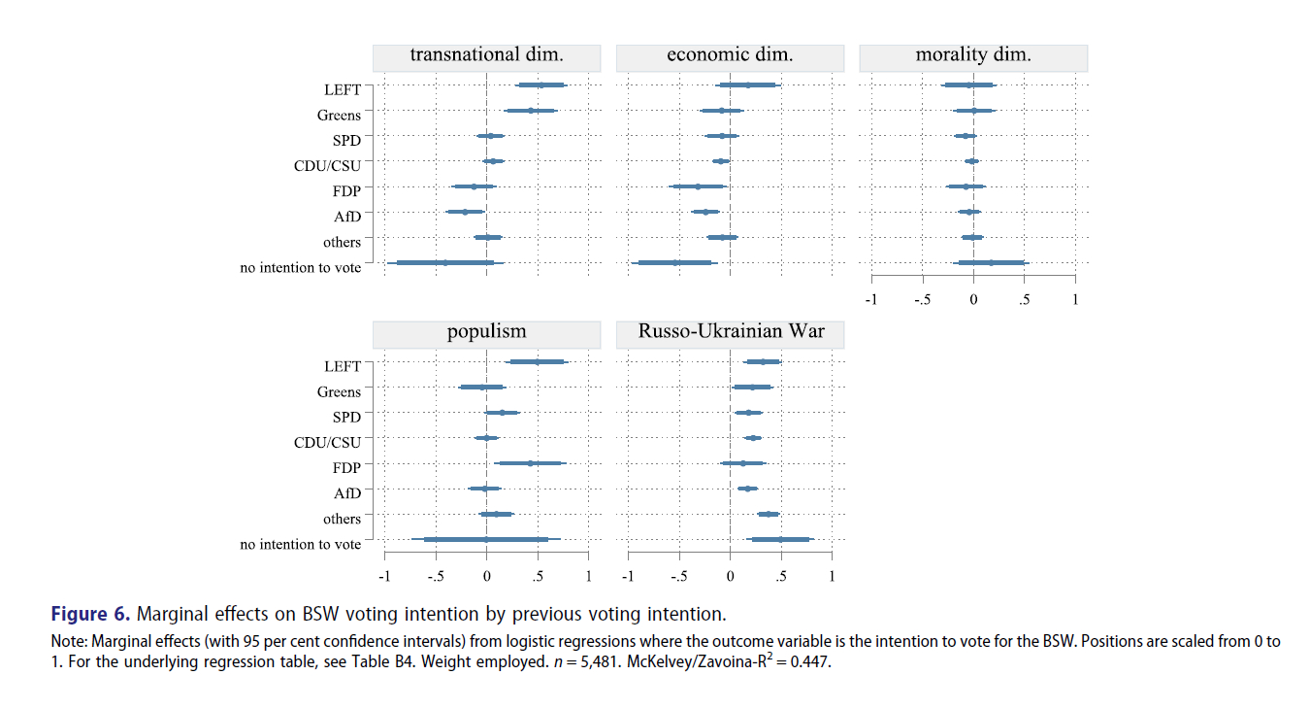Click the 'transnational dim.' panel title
tap(486, 56)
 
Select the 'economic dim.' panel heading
tap(730, 56)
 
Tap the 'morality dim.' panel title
tap(973, 56)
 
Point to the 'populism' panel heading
tap(486, 333)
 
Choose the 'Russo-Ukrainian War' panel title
tap(731, 333)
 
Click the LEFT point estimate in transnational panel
tap(540, 85)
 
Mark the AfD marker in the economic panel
tap(705, 212)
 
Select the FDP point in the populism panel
tap(530, 463)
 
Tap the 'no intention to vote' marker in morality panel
tap(991, 262)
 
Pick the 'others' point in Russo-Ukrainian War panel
tap(768, 514)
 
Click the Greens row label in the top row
tap(339, 116)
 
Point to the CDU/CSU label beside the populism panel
tap(327, 443)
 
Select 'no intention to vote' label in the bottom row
tap(301, 545)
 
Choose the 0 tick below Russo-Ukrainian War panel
tap(730, 576)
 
